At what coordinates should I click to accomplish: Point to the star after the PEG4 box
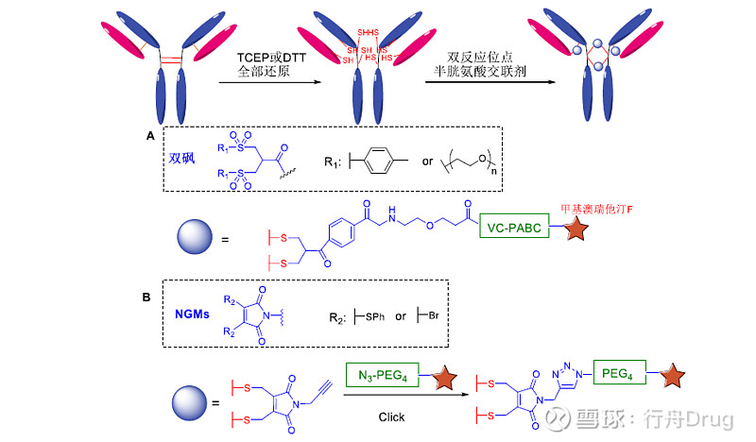coord(673,379)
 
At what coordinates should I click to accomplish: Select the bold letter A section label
coord(150,136)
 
